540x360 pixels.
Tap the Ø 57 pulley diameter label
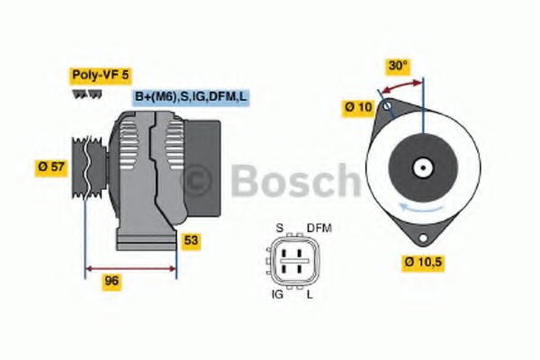(51, 166)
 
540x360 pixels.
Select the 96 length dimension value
(112, 280)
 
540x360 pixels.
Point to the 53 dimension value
(191, 240)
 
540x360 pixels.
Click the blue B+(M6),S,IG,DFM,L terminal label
(190, 96)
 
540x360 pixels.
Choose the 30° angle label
(398, 65)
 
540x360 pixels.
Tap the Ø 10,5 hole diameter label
(423, 262)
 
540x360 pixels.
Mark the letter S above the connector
(279, 228)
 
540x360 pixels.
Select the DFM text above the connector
(319, 228)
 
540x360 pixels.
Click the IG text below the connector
(278, 293)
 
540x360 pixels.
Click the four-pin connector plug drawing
(294, 261)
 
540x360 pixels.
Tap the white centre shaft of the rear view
(421, 167)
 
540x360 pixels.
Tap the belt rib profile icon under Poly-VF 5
(83, 94)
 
